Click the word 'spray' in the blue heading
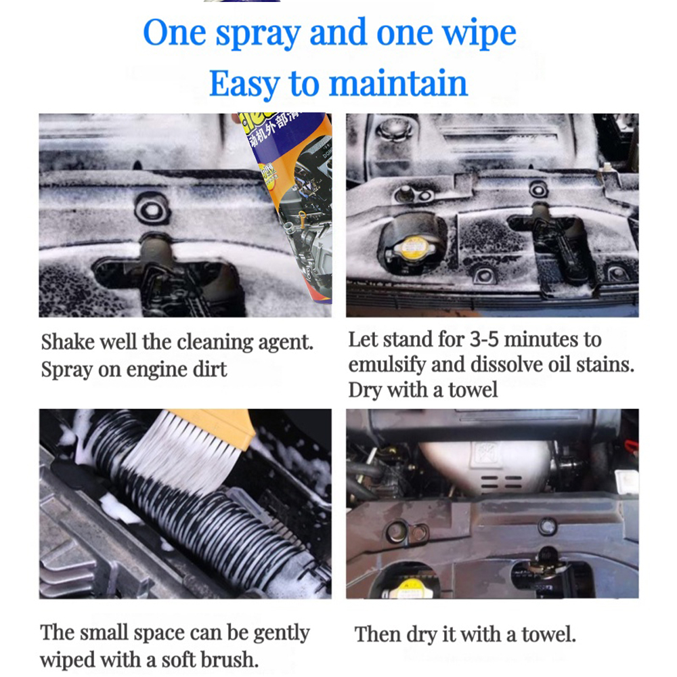click(x=258, y=35)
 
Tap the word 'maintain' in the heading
click(x=398, y=83)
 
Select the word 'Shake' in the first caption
click(x=68, y=342)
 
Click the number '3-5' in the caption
click(x=483, y=340)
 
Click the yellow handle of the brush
click(x=217, y=426)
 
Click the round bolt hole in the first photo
click(x=152, y=209)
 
